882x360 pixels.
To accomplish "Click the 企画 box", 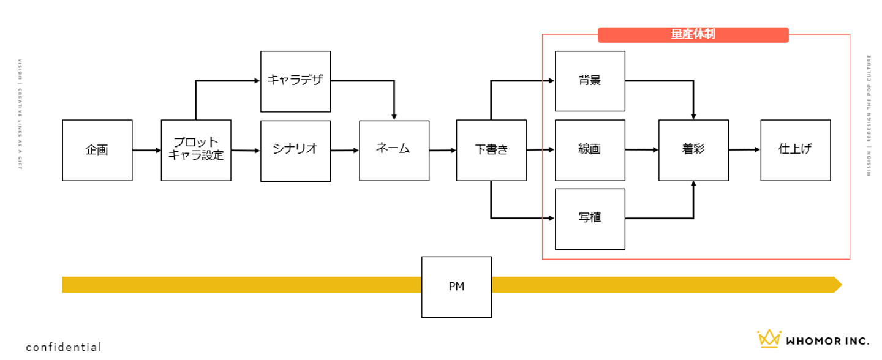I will pos(97,150).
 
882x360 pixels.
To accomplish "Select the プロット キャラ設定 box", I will pos(196,150).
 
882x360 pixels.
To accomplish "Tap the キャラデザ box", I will pos(295,81).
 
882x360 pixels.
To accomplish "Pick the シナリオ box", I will pos(295,151).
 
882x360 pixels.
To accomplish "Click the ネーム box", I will pos(394,150).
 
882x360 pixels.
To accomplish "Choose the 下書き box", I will pos(491,150).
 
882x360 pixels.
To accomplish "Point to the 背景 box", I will pos(590,81).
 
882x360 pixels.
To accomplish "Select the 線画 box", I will pos(590,150).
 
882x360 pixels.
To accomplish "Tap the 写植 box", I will pos(590,219).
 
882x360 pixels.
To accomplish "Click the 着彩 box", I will pos(693,150).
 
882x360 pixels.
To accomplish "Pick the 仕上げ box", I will pos(795,150).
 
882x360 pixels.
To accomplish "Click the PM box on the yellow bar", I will pos(456,287).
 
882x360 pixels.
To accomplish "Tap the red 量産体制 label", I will pos(693,35).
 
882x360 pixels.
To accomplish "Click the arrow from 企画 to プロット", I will pos(146,150).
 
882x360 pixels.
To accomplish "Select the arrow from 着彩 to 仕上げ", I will pos(744,149).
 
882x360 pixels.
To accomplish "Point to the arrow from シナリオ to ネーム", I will pos(345,150).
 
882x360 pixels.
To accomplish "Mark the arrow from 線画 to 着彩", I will pos(642,149).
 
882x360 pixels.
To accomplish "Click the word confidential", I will pos(64,347).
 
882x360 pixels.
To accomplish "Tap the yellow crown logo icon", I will pos(769,339).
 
